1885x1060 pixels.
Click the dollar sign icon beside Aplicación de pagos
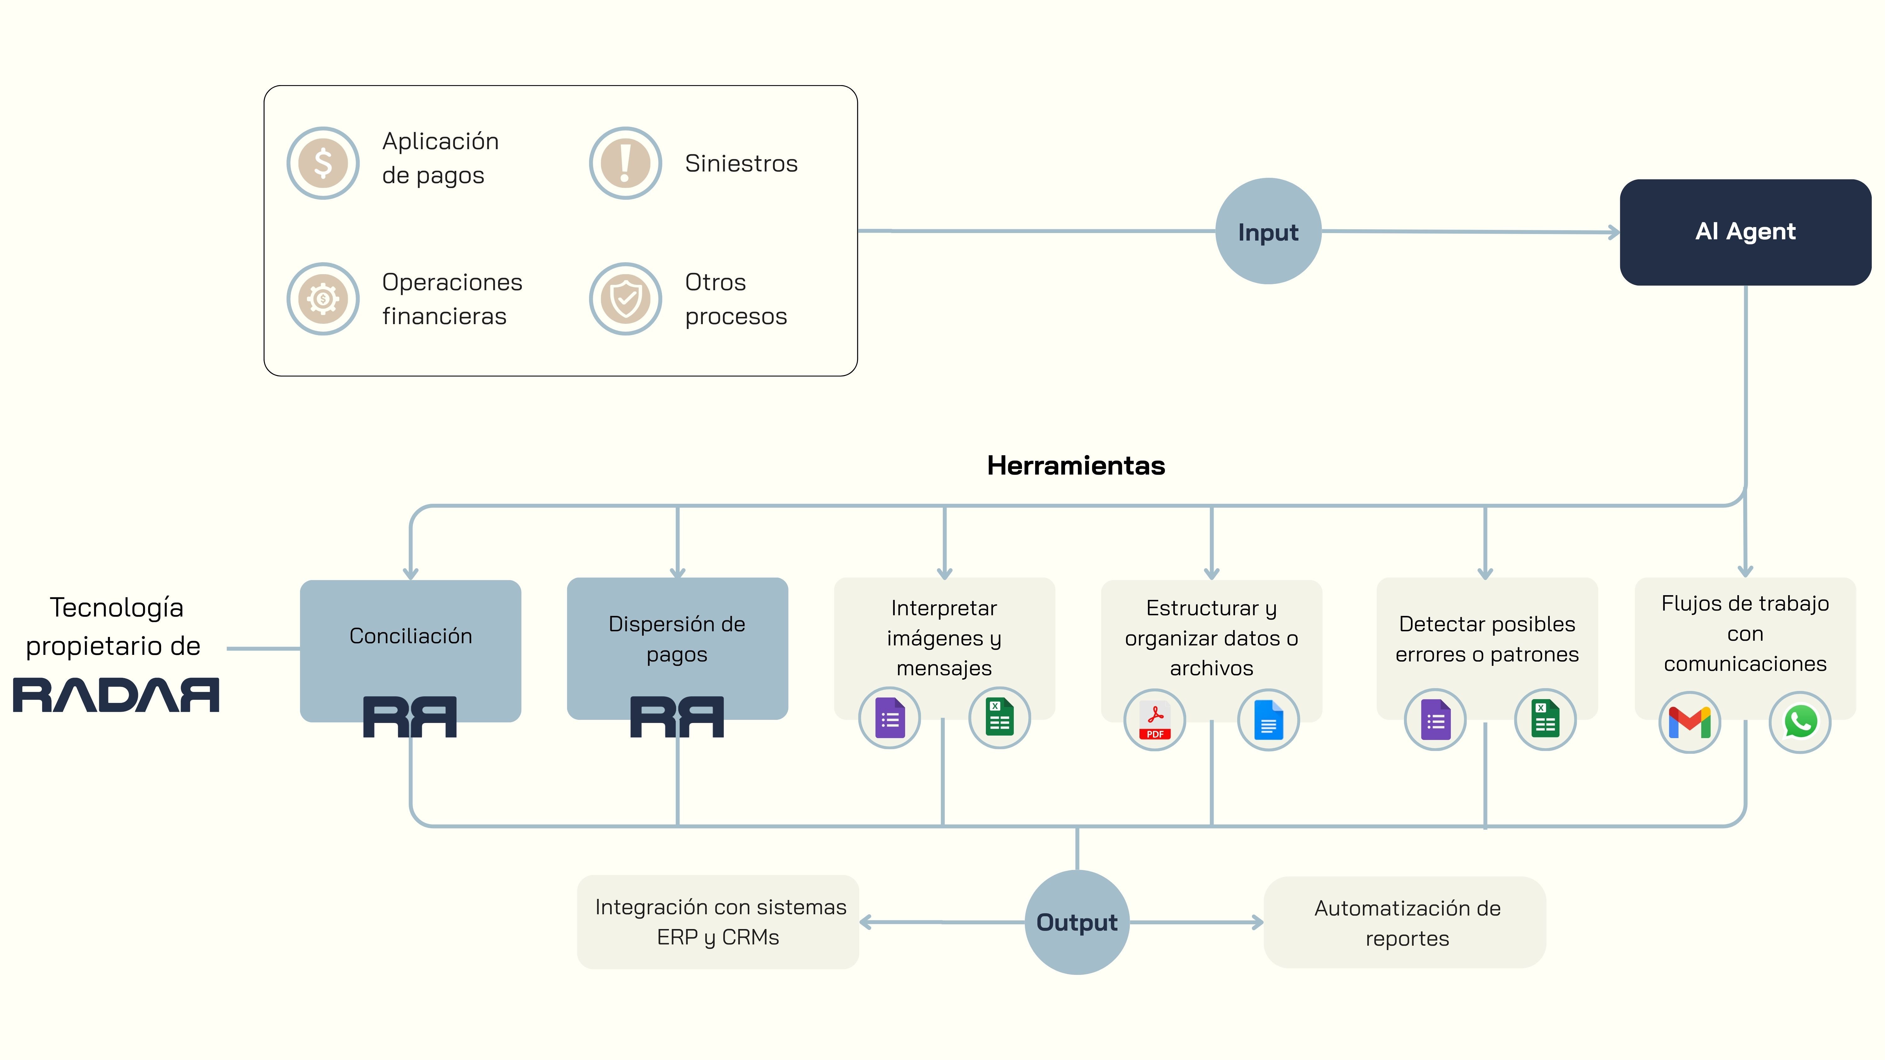coord(323,163)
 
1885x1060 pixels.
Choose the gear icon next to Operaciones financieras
coord(323,298)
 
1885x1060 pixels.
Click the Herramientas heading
coord(1076,465)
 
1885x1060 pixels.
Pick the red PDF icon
coord(1155,720)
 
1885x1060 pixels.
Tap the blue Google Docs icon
coord(1268,720)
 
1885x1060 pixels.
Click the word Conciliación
coord(411,636)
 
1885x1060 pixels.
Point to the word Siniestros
coord(740,163)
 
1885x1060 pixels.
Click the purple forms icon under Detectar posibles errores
coord(1435,720)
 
